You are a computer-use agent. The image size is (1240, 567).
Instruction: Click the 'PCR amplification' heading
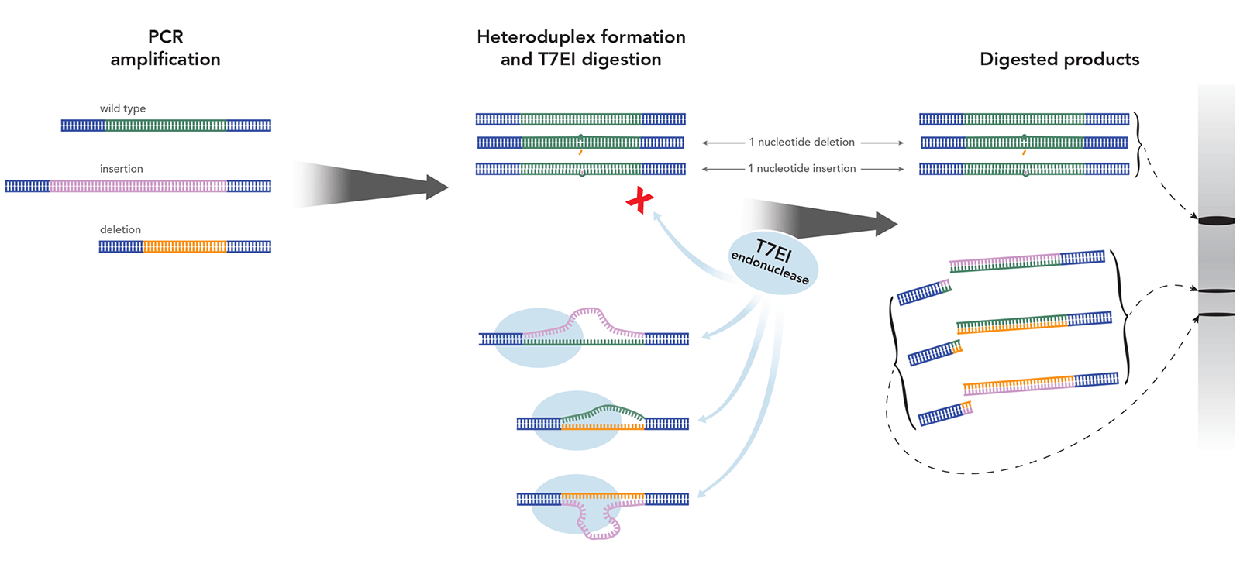click(x=165, y=48)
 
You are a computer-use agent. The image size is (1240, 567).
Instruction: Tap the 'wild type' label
click(x=122, y=108)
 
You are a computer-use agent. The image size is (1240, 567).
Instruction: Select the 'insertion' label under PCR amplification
click(x=121, y=169)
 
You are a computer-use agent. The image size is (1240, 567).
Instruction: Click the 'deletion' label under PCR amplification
click(x=120, y=229)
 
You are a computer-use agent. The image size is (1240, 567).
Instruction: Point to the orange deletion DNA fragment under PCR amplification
click(x=184, y=247)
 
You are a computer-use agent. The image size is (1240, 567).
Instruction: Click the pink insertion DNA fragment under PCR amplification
click(x=138, y=186)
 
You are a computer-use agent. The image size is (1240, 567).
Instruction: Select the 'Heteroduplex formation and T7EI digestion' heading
click(x=580, y=48)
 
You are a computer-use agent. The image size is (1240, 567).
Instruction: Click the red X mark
click(x=639, y=201)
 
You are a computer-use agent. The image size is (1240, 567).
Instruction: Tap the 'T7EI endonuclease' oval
click(x=773, y=262)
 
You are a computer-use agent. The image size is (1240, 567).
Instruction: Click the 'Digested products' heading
click(x=1059, y=60)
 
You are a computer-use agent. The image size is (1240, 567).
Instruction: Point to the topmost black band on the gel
click(x=1216, y=222)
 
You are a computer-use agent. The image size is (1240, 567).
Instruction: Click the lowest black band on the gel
click(x=1216, y=314)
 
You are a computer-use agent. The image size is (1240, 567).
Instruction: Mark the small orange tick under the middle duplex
click(x=580, y=153)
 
